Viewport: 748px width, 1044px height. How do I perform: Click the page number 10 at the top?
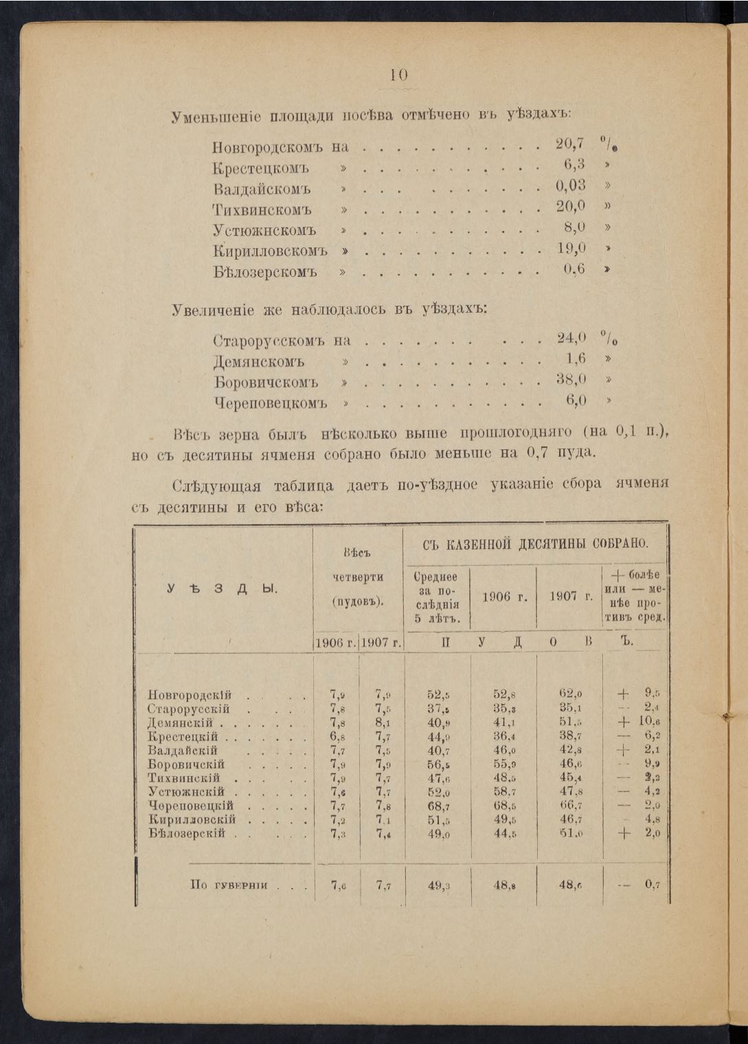(399, 76)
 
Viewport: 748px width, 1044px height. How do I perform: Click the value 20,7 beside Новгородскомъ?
(569, 144)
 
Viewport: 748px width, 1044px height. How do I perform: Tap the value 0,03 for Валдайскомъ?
(571, 185)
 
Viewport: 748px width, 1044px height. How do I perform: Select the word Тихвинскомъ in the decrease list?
(262, 209)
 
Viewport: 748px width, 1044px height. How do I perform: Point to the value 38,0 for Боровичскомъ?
(571, 379)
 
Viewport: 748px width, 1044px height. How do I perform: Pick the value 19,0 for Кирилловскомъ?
(571, 248)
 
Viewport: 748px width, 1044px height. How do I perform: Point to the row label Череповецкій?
(191, 806)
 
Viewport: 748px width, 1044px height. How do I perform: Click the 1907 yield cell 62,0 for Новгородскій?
(570, 694)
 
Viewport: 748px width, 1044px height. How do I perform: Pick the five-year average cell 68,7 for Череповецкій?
(438, 806)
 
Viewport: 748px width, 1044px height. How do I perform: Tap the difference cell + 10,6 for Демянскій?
(639, 722)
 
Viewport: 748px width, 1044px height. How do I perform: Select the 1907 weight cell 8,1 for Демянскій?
(383, 723)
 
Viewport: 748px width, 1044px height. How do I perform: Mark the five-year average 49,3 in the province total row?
(438, 885)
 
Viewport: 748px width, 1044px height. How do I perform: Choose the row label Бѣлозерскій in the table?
(187, 833)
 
